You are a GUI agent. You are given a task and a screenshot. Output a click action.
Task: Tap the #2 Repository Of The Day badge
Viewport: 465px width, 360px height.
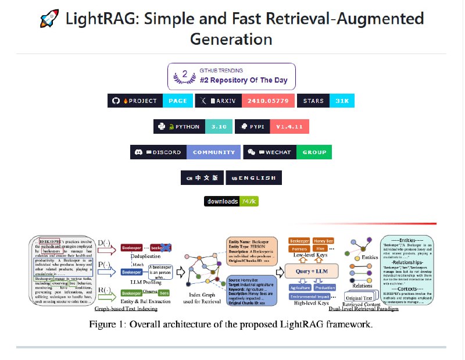click(x=231, y=76)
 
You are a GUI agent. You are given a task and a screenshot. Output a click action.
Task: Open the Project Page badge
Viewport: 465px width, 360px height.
click(x=150, y=101)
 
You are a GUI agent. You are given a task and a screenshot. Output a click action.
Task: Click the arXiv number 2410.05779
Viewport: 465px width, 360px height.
click(x=268, y=101)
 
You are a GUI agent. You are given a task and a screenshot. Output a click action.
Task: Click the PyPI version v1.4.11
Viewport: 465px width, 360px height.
click(x=289, y=126)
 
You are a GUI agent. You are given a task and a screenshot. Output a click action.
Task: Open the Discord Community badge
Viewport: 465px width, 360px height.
click(x=185, y=152)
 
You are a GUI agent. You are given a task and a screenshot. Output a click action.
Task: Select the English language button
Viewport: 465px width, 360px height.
click(x=254, y=177)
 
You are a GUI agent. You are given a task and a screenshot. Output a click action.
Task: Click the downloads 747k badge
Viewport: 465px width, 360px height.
click(x=231, y=201)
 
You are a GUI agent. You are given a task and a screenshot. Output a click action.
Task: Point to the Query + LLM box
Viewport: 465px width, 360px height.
click(x=312, y=271)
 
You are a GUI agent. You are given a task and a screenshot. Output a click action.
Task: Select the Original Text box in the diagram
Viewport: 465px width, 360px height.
click(x=359, y=298)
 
